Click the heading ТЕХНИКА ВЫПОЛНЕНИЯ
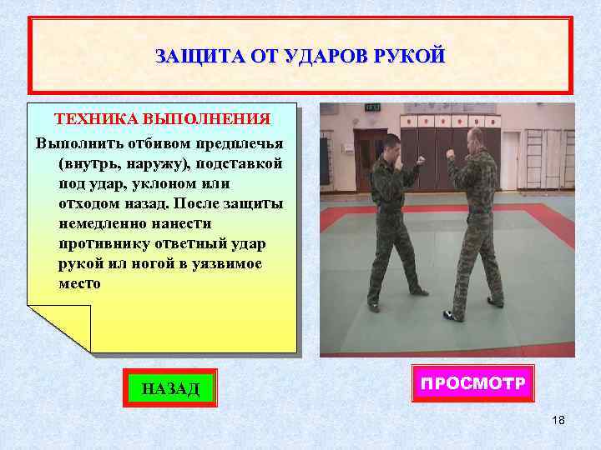(162, 118)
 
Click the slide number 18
(558, 421)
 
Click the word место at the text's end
(79, 283)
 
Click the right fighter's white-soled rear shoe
(452, 315)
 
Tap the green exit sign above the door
(371, 107)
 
